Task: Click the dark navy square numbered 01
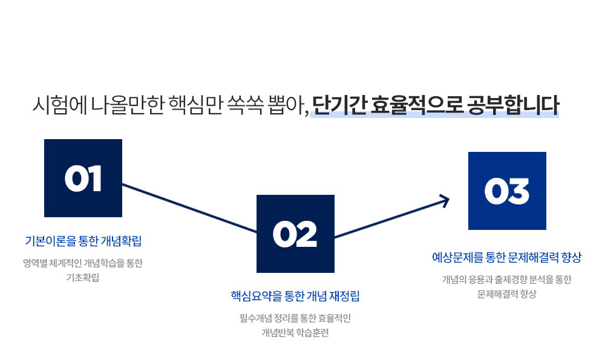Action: coord(83,178)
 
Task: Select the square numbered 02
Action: coord(295,234)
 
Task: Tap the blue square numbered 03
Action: coord(507,191)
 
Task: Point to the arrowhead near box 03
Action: coord(445,201)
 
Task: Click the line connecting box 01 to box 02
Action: coord(189,208)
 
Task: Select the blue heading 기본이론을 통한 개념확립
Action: coord(83,241)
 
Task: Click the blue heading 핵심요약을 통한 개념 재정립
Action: coord(295,296)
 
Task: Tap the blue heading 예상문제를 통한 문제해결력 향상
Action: coord(506,257)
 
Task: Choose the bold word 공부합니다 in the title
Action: coord(513,105)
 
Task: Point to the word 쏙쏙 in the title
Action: coord(246,105)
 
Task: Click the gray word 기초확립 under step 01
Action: coord(83,278)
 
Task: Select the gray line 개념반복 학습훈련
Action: coord(295,333)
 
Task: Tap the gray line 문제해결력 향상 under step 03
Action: coord(506,294)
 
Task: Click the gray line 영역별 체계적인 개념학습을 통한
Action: coord(83,263)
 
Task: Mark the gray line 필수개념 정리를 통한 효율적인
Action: coord(295,318)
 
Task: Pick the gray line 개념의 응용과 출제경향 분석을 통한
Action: coord(506,280)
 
